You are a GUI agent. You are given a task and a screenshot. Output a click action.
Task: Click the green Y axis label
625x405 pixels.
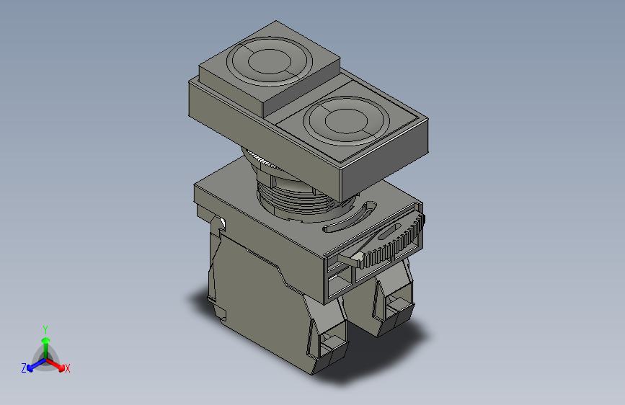point(45,328)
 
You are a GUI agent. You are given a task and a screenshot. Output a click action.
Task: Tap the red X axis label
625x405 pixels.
point(68,368)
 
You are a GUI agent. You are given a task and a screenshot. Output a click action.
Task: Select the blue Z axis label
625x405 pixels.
point(24,368)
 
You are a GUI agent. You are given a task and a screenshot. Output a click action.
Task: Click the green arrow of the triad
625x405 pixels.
point(45,342)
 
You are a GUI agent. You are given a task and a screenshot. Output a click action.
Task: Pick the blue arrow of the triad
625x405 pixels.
point(33,364)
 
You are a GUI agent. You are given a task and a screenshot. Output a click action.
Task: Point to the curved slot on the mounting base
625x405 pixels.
point(350,217)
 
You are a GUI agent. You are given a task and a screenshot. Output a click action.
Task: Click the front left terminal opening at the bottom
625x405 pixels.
point(333,345)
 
